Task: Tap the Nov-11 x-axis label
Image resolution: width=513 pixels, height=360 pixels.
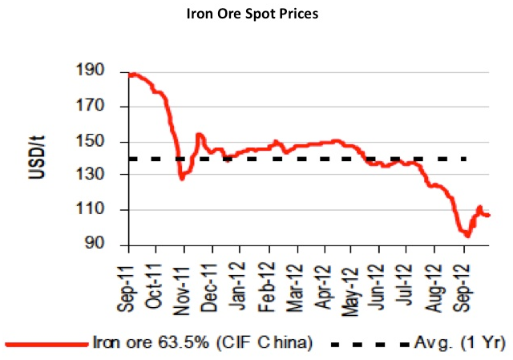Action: [x=183, y=281]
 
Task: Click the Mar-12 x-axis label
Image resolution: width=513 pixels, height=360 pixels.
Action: [x=296, y=281]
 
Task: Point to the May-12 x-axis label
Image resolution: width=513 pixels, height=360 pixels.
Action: [x=352, y=281]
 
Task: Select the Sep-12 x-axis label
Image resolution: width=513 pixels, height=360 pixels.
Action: [x=464, y=281]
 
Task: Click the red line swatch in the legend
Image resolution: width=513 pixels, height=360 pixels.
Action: [x=46, y=343]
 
